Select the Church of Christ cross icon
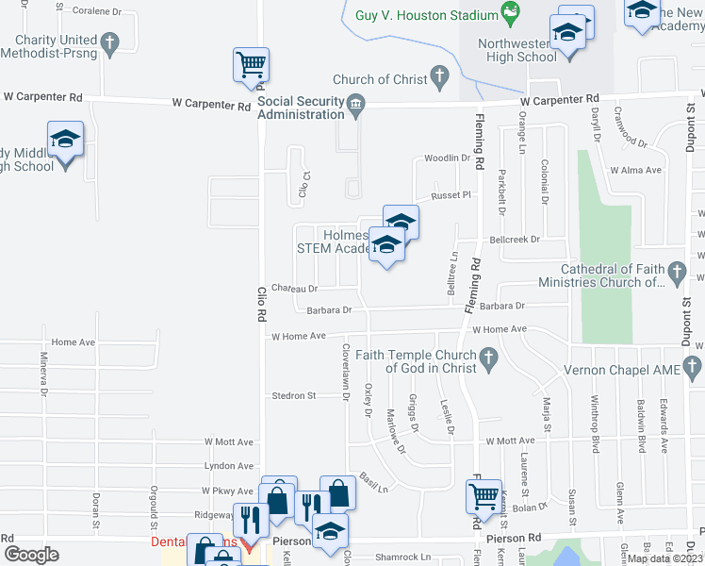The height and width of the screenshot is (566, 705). (x=438, y=77)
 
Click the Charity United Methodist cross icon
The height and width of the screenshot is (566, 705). (x=109, y=42)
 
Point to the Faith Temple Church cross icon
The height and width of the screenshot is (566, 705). (x=487, y=358)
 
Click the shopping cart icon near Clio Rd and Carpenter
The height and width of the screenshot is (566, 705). (x=252, y=65)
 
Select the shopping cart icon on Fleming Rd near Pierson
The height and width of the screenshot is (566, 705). (x=484, y=495)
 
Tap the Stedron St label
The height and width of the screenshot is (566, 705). (x=293, y=396)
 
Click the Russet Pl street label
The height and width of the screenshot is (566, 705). (x=450, y=196)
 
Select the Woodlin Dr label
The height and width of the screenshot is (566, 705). (x=447, y=158)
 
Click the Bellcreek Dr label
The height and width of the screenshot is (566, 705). (x=514, y=240)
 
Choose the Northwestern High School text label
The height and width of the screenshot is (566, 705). (x=517, y=50)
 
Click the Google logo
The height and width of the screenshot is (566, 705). (x=31, y=555)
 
